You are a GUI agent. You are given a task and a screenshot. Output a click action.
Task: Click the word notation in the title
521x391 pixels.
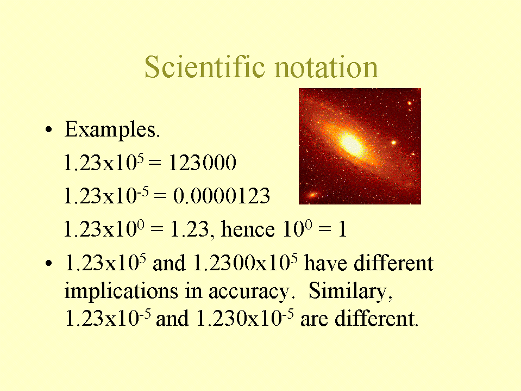pos(327,67)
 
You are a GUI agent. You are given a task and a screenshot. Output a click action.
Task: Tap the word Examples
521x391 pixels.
pos(112,130)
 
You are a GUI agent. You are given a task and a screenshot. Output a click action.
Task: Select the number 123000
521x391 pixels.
pos(202,163)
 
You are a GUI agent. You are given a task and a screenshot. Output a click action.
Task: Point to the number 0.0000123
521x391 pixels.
pos(222,196)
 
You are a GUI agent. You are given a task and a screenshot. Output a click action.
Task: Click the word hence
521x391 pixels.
pos(248,229)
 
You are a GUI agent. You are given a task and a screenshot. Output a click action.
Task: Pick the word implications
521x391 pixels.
pos(121,291)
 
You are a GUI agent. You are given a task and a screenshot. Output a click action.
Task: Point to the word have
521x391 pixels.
pos(326,263)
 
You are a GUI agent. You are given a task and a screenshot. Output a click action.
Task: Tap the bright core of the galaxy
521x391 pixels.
pos(351,144)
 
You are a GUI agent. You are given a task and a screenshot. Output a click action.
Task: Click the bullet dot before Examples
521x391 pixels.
pos(49,129)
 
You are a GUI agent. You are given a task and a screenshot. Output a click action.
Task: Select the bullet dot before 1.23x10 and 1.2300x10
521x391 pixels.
pos(49,264)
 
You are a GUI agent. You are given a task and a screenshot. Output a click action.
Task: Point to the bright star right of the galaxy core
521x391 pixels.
pos(394,142)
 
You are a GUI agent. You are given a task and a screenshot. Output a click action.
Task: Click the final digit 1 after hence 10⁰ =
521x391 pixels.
pos(343,229)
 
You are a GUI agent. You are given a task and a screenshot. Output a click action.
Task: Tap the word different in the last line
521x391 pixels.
pos(376,319)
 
